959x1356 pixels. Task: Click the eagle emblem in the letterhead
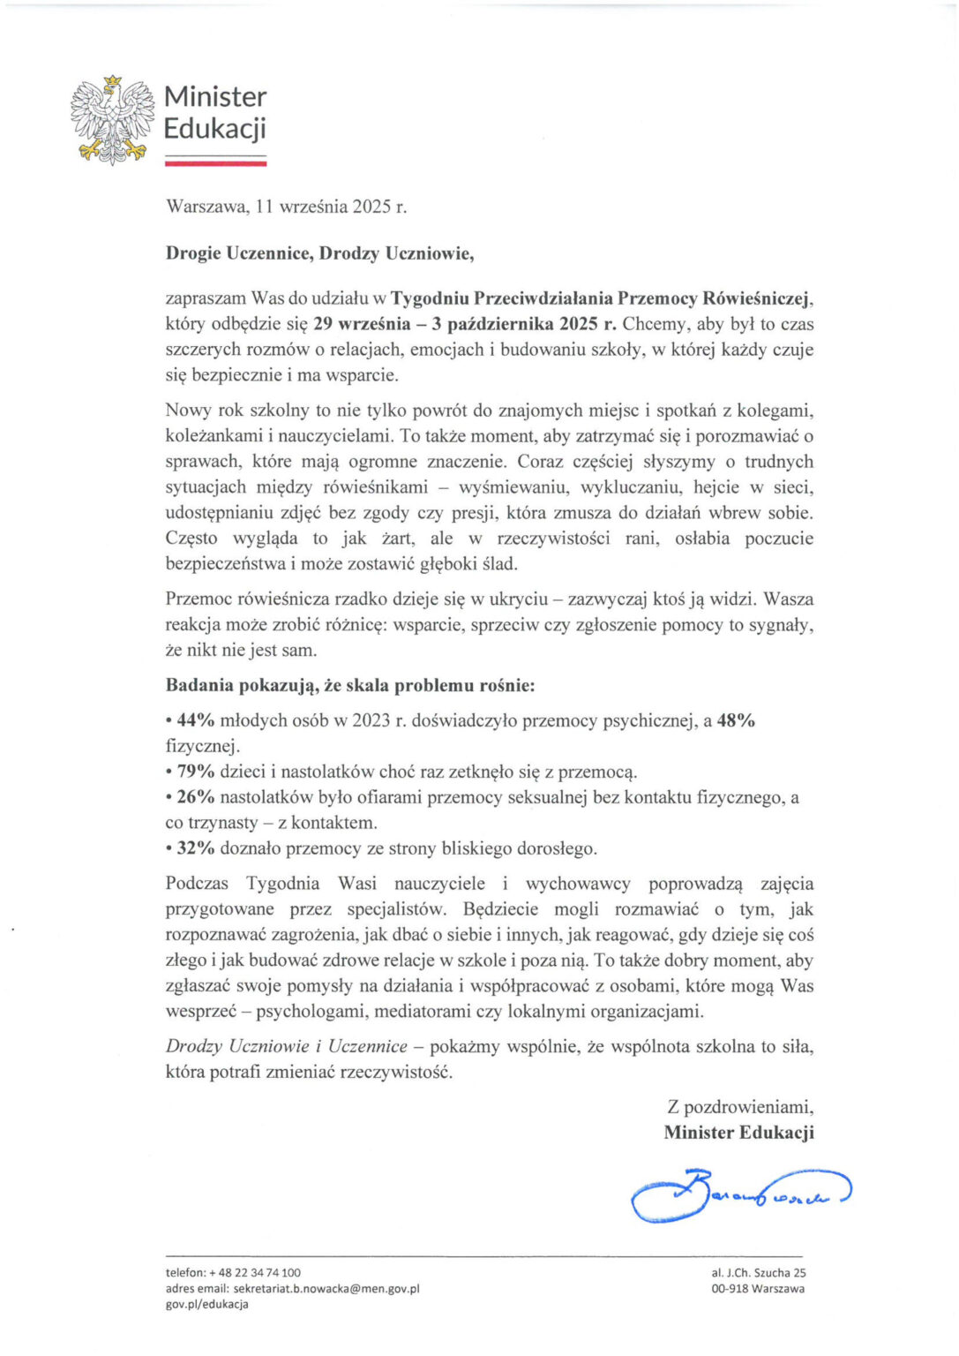[x=112, y=120]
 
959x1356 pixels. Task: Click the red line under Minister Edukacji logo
[x=215, y=163]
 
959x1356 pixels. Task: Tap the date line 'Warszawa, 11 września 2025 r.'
[x=286, y=207]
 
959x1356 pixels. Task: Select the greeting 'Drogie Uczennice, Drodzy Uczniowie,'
[x=319, y=253]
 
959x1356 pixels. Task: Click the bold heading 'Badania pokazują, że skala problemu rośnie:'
[x=350, y=685]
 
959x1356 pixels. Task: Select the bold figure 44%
[x=196, y=720]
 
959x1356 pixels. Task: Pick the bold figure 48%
[x=736, y=720]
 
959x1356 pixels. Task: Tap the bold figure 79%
[x=196, y=772]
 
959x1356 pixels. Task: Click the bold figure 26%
[x=196, y=797]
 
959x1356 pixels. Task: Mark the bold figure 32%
[x=196, y=848]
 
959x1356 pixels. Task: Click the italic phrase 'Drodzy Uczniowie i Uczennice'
[x=287, y=1046]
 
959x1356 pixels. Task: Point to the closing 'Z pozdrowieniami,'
[x=740, y=1107]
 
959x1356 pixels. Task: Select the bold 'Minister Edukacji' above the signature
[x=738, y=1133]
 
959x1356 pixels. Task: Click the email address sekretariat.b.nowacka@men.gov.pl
[x=326, y=1288]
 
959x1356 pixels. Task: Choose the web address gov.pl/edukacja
[x=207, y=1304]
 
